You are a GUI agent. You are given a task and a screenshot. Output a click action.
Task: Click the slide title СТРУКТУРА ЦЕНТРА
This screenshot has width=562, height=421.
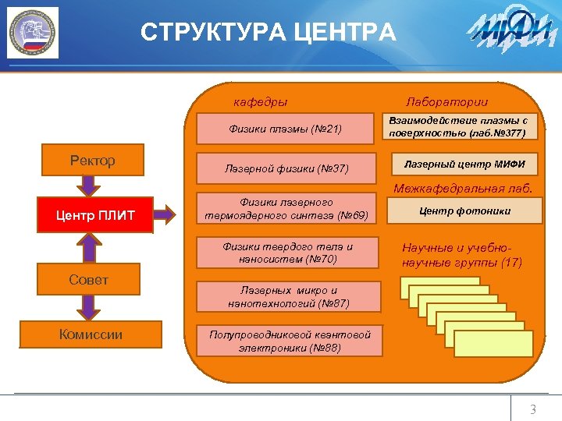click(x=269, y=33)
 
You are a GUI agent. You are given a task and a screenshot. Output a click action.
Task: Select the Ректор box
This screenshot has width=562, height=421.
click(x=92, y=161)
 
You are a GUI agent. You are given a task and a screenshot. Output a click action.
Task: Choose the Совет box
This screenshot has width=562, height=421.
click(x=88, y=279)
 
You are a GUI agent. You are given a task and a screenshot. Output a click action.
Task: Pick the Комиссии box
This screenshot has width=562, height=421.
click(x=91, y=334)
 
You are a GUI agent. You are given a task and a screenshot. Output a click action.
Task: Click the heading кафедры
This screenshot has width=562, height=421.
click(x=261, y=102)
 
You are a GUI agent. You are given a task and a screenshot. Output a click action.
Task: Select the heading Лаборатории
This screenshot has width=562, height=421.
click(x=446, y=102)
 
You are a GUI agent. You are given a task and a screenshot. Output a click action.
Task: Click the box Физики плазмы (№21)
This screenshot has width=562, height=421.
click(x=285, y=129)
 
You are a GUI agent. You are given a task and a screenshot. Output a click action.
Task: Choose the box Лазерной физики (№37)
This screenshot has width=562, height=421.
click(x=286, y=168)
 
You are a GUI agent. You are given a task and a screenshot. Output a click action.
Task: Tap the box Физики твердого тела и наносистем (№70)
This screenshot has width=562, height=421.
click(x=287, y=253)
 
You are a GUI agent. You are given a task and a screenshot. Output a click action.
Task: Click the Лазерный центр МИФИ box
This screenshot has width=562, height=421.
click(x=464, y=164)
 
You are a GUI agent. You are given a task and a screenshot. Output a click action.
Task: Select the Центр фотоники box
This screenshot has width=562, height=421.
click(x=464, y=210)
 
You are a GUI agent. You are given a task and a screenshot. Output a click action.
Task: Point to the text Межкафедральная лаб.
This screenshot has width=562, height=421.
click(x=463, y=188)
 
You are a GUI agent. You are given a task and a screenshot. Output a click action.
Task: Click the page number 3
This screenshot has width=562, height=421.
click(x=533, y=409)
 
